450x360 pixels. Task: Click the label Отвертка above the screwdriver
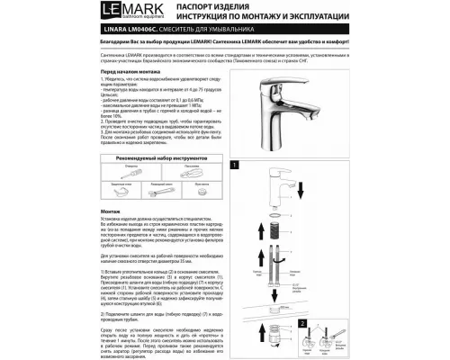[x=130, y=166]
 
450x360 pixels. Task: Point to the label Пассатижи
[x=191, y=166]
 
